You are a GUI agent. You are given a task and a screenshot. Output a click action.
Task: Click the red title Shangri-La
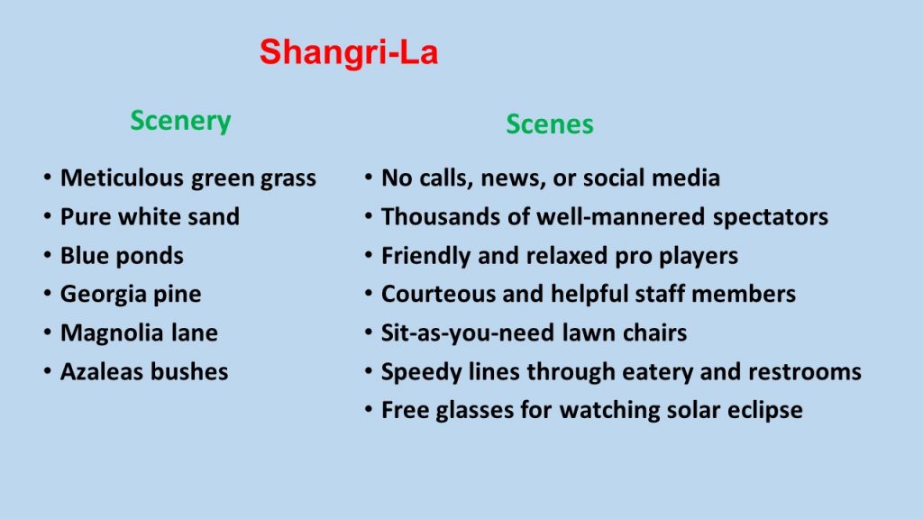349,52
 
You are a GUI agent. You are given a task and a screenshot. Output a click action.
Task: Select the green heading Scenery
180,122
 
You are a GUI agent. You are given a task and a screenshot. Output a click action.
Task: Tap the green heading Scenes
550,124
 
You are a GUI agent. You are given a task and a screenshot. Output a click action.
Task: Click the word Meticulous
122,178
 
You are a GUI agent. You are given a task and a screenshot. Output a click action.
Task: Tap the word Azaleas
102,371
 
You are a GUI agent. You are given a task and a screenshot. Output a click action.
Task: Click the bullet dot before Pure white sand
47,216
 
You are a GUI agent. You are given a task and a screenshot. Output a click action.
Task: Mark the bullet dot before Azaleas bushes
47,371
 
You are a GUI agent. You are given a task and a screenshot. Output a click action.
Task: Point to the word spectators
771,217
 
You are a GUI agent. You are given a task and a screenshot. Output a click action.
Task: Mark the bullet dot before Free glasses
369,410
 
